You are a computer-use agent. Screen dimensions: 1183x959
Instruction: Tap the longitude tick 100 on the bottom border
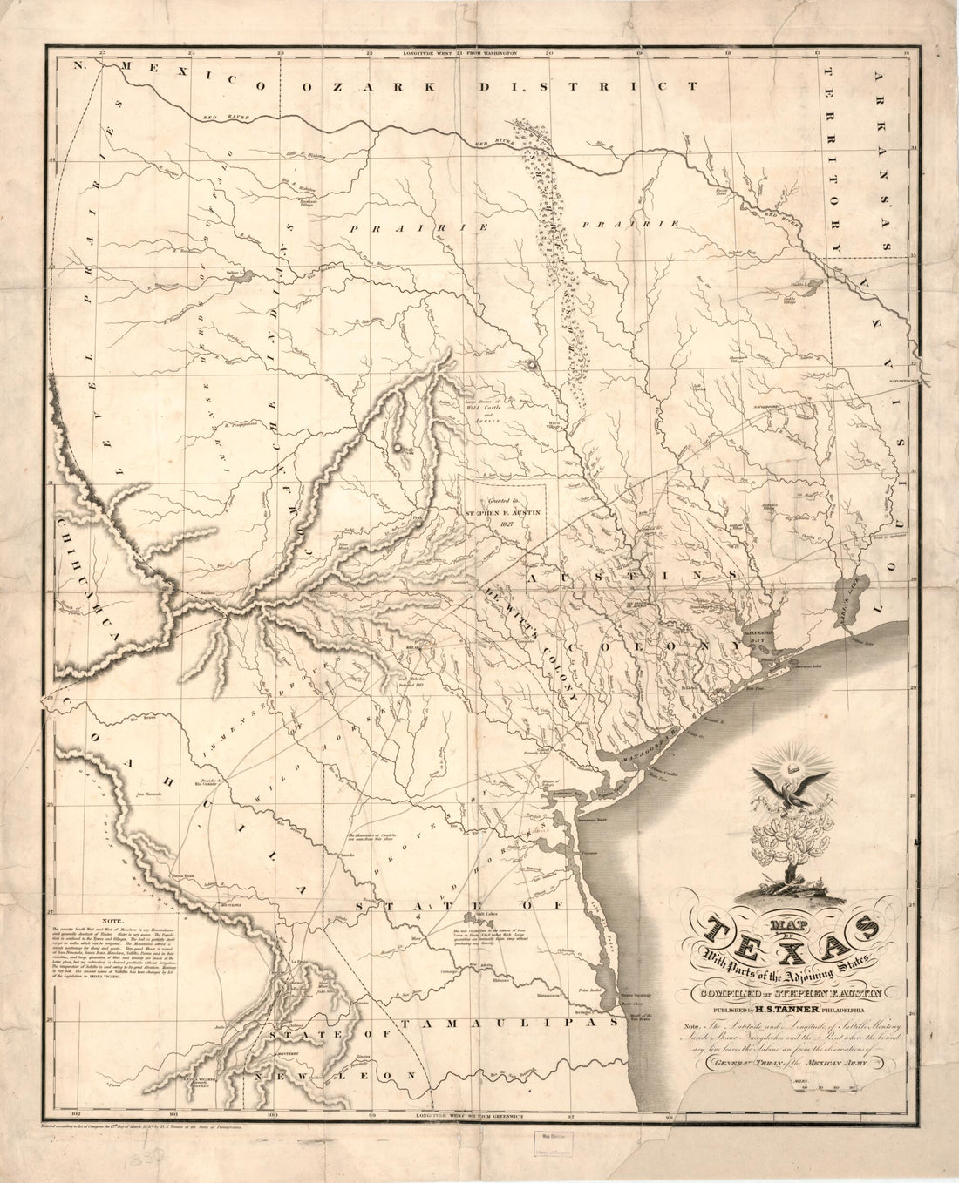click(273, 1114)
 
